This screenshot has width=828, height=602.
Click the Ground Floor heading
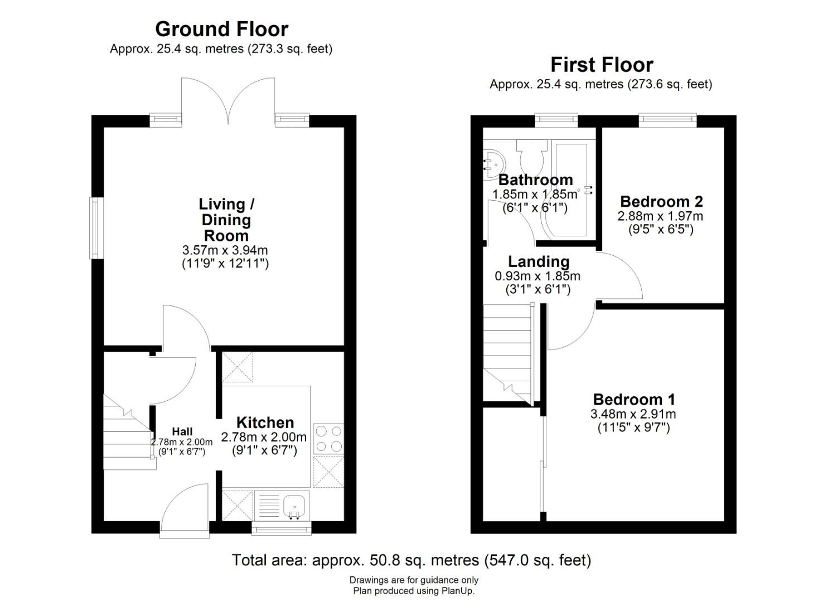tap(221, 29)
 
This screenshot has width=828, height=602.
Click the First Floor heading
tap(601, 65)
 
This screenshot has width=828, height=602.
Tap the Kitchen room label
tap(265, 423)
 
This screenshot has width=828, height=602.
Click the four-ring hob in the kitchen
tap(328, 439)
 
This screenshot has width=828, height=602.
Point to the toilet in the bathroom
tap(531, 156)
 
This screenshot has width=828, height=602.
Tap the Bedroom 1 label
tap(633, 399)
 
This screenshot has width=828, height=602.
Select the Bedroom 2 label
tap(661, 201)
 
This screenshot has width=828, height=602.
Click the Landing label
tap(539, 261)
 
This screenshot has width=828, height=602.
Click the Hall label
tap(182, 431)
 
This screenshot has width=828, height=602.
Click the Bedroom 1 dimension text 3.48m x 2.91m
tap(633, 414)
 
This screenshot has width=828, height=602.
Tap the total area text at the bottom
tap(411, 560)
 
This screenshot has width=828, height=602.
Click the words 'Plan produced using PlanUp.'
tap(413, 591)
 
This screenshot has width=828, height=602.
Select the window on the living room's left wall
tap(95, 228)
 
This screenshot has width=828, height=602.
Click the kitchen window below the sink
tap(281, 528)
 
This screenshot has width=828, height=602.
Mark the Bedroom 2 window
tap(667, 119)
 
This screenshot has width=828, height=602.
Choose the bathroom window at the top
tap(556, 119)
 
